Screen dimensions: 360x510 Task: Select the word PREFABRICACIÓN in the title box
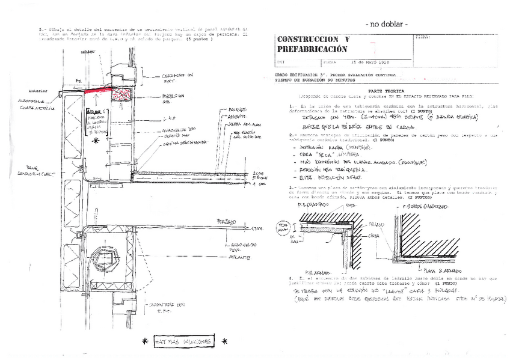click(312, 49)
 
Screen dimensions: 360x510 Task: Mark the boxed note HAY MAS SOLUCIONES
click(183, 341)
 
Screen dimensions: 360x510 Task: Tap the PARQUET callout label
click(235, 110)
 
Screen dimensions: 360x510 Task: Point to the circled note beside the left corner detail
click(281, 229)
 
